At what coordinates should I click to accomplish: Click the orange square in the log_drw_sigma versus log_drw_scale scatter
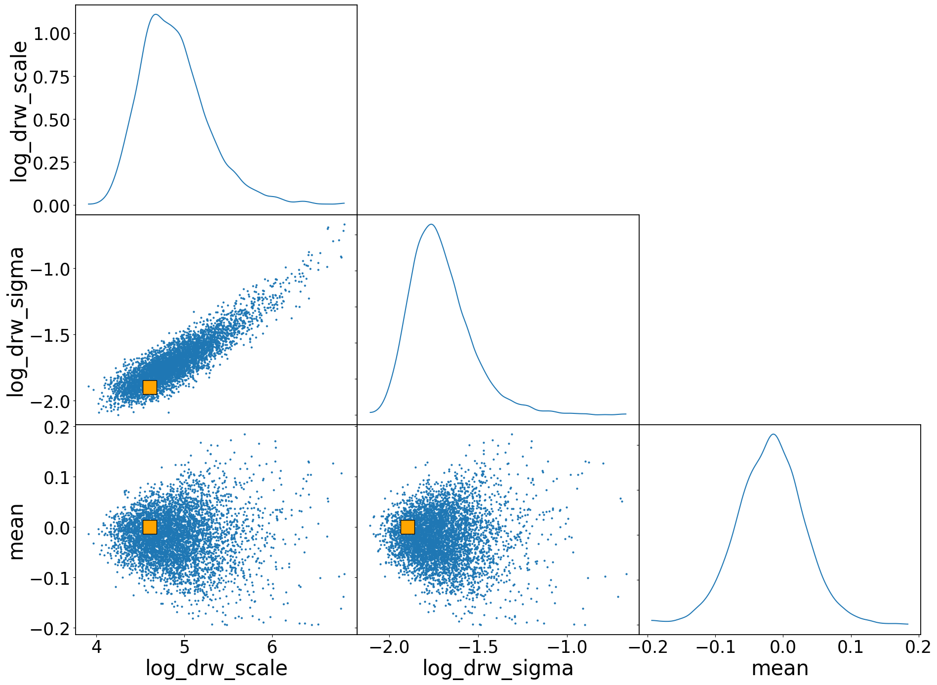point(150,387)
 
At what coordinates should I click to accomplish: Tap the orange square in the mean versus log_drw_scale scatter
point(150,527)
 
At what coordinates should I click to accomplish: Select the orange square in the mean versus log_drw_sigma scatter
point(407,527)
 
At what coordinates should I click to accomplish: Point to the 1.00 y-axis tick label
point(51,34)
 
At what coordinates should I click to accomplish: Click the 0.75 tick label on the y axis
point(51,77)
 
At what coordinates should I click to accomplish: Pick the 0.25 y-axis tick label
point(51,162)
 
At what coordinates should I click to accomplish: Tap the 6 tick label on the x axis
point(272,646)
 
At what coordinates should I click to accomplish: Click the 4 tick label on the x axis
point(96,646)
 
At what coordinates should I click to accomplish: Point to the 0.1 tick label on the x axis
point(851,646)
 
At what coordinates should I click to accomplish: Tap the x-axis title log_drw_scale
point(216,668)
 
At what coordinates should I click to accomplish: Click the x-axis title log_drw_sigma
point(498,668)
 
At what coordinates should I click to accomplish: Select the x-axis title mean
point(780,668)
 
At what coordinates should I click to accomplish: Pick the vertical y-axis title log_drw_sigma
point(16,322)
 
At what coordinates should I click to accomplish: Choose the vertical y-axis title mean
point(16,532)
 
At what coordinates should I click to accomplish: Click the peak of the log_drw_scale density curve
point(156,14)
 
